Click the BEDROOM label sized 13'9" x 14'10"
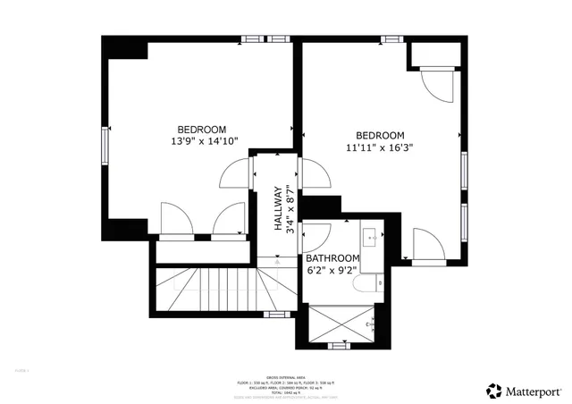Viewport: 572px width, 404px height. (201, 129)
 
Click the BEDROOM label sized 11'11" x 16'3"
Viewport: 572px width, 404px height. (380, 136)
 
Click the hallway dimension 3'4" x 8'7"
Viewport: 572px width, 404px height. (290, 209)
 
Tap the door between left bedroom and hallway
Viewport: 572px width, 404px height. (235, 173)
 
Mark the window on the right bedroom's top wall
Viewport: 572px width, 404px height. (391, 38)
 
